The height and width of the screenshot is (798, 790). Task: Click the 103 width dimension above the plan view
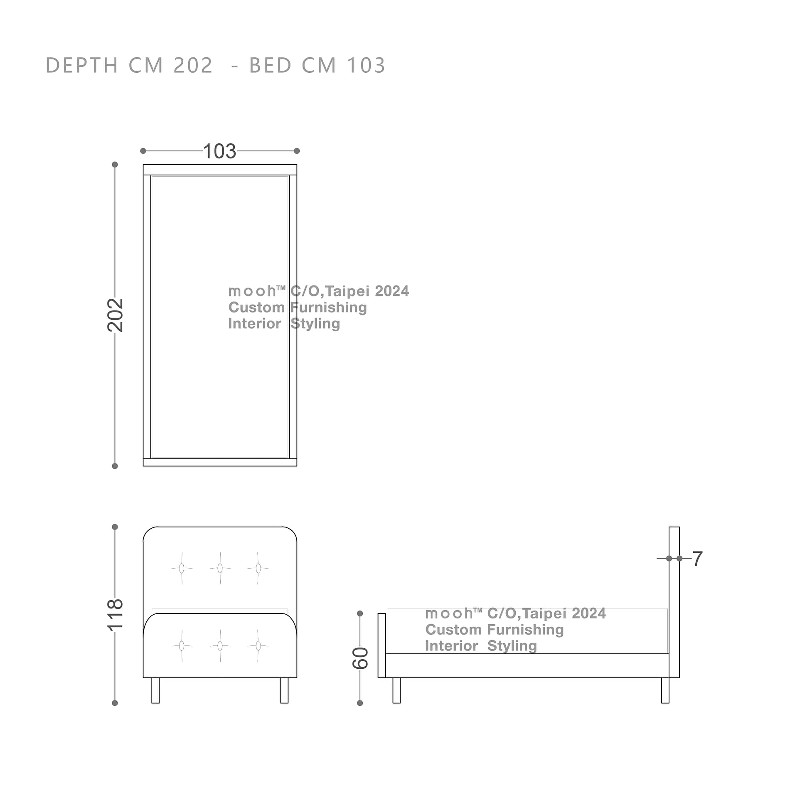219,151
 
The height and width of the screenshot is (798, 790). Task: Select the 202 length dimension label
116,315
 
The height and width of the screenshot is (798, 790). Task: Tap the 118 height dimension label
116,615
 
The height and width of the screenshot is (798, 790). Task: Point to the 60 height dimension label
360,658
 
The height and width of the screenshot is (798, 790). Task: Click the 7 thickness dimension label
698,559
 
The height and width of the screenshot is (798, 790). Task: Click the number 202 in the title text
193,66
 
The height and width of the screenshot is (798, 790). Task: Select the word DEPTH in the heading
82,66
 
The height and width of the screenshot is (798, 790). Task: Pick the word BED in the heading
271,66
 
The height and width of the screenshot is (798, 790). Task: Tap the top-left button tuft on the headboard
182,568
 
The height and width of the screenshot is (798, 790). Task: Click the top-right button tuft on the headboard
258,568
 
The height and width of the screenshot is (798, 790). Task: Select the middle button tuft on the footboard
220,645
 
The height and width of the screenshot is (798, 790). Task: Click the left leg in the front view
155,690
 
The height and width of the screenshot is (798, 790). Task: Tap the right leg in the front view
284,690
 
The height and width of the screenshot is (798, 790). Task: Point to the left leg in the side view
396,690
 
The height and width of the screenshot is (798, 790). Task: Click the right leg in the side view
665,690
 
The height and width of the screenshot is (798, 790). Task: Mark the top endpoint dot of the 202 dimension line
115,165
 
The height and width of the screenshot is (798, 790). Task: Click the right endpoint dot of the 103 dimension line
297,151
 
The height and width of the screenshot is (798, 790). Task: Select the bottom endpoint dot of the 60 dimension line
360,703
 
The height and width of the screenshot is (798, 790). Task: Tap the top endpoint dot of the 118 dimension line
115,527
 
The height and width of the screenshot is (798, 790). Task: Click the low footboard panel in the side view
381,645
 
